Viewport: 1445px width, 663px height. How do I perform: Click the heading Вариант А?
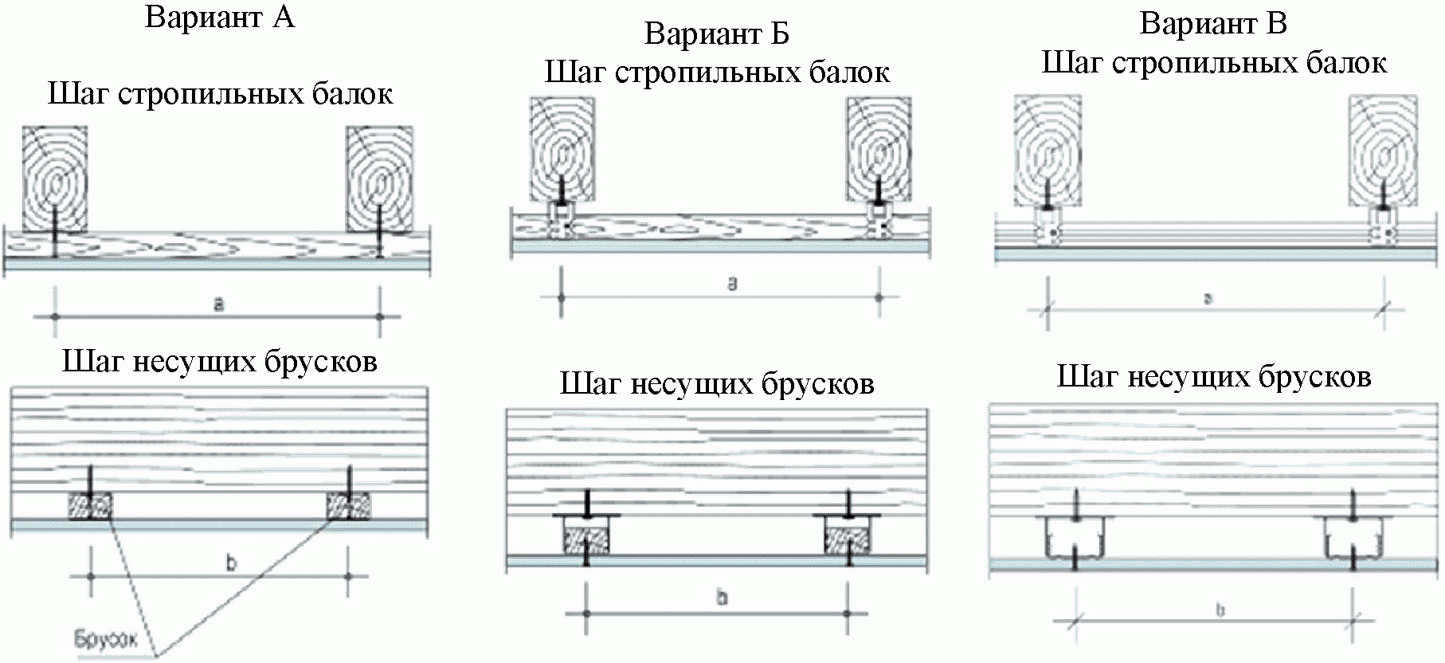click(220, 18)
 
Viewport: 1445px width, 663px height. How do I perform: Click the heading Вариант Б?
click(716, 34)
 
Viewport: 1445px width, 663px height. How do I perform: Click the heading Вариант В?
click(1213, 24)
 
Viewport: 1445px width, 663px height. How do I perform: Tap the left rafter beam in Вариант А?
click(54, 178)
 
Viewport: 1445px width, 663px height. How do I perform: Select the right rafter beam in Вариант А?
click(378, 178)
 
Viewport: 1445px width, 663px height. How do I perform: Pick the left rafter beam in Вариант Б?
click(562, 147)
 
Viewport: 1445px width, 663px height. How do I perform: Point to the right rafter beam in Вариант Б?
click(879, 147)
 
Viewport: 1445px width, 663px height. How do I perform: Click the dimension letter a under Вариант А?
click(218, 304)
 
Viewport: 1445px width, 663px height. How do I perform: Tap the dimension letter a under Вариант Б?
click(733, 283)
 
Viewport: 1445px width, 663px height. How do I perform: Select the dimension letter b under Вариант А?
click(231, 563)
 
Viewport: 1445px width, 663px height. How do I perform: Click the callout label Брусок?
click(106, 640)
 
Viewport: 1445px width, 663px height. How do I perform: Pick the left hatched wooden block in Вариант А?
click(89, 506)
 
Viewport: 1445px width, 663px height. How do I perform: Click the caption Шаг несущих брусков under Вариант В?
click(1213, 376)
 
